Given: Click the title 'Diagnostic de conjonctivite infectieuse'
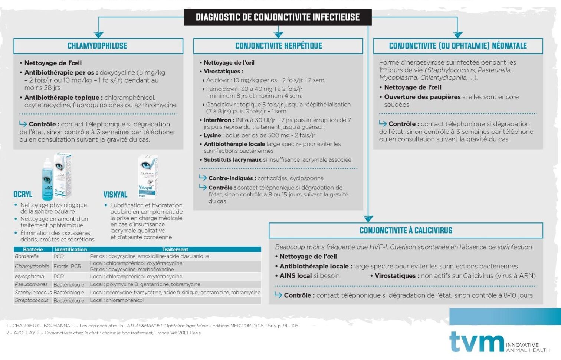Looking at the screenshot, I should [278, 17].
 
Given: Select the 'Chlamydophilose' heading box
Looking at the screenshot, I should [98, 46].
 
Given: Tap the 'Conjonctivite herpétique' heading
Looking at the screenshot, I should [278, 46].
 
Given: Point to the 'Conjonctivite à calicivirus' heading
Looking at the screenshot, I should [406, 230].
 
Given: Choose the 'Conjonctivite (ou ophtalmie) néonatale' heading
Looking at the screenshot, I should [457, 46].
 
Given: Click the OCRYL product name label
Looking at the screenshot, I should [23, 194].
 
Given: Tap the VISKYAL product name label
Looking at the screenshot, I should [115, 195].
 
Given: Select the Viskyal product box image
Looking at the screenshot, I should [148, 176].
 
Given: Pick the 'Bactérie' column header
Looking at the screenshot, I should [33, 250].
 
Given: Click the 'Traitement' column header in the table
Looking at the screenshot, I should [175, 250].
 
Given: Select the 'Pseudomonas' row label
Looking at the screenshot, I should [31, 284].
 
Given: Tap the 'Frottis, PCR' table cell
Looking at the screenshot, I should [67, 266].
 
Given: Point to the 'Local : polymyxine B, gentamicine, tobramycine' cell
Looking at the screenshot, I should [145, 284].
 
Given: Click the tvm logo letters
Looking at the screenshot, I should [476, 341].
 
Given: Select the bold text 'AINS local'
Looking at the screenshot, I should [295, 276].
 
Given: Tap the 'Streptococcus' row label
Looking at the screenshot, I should [32, 300].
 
